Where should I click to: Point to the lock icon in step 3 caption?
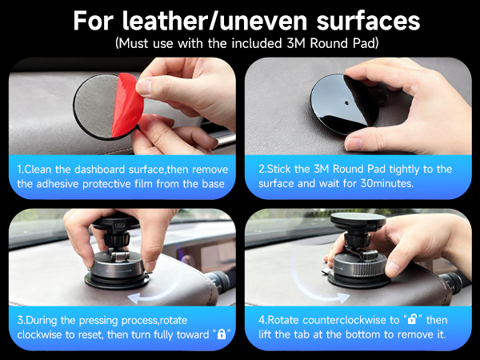pyautogui.click(x=222, y=334)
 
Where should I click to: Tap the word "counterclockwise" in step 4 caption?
pyautogui.click(x=342, y=318)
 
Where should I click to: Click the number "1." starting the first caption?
pyautogui.click(x=22, y=169)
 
